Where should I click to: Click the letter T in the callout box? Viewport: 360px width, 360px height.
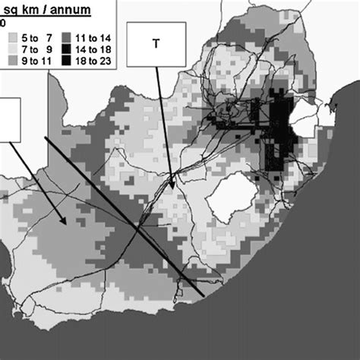coord(156,43)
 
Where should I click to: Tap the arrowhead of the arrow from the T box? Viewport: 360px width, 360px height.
coord(172,187)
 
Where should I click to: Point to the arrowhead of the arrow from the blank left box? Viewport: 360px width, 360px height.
coord(68,222)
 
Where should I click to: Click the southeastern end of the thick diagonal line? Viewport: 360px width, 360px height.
coord(202,295)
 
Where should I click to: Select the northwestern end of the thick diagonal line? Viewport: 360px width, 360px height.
coord(46,137)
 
